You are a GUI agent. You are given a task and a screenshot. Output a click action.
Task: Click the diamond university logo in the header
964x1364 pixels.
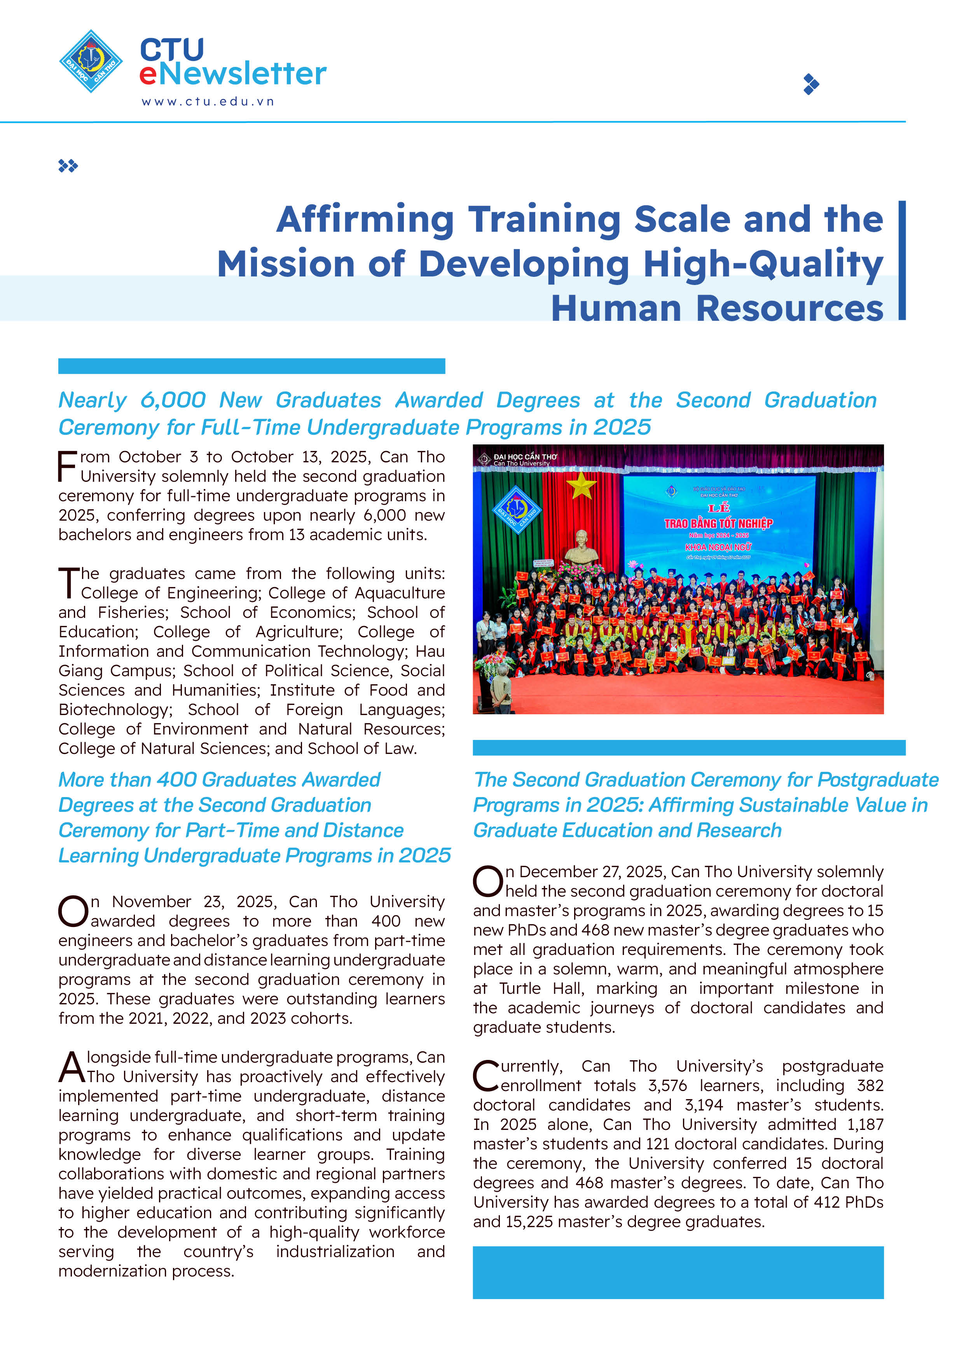click(x=91, y=61)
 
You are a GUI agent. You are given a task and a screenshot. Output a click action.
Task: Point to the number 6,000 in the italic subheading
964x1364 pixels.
click(x=173, y=400)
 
